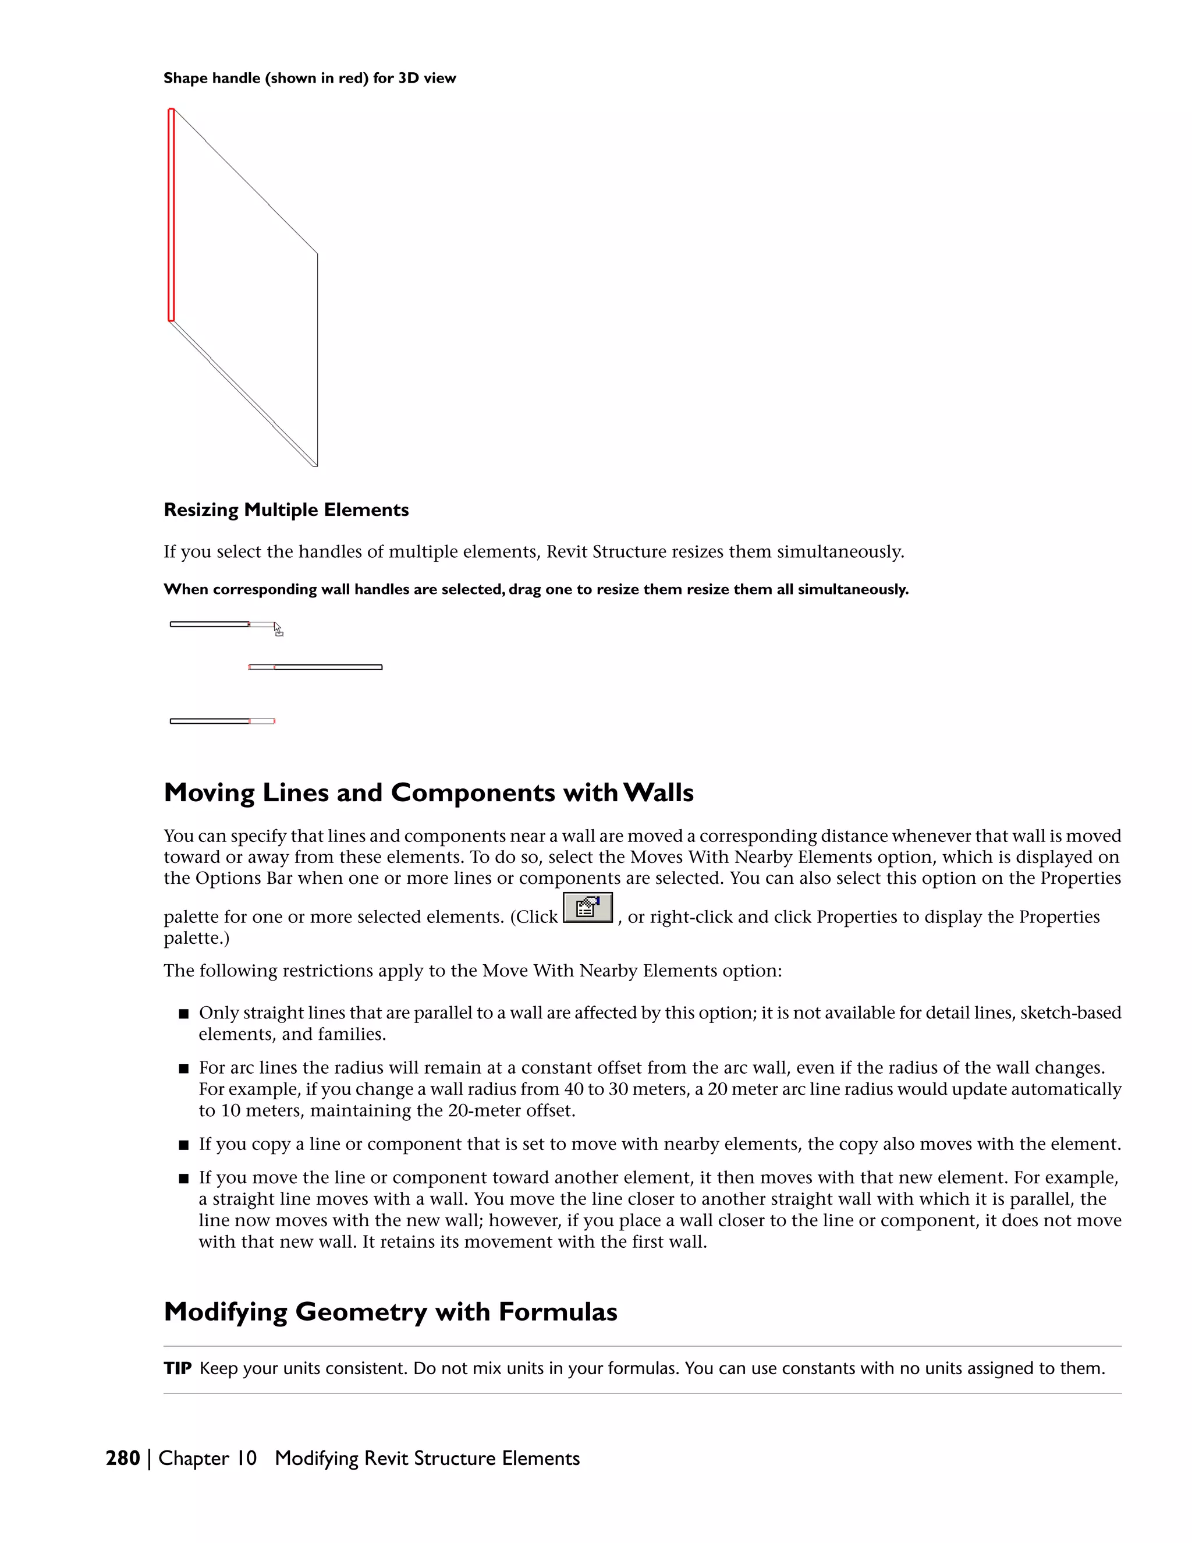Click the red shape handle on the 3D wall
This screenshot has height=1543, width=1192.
[171, 215]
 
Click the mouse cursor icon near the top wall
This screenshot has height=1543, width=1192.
[278, 629]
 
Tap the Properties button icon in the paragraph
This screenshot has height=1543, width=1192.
[587, 908]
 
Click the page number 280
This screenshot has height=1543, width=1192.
[123, 1458]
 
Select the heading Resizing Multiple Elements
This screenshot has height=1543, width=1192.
[286, 510]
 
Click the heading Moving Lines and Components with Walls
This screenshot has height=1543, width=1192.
[428, 792]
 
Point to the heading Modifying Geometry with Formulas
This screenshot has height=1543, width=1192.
[391, 1312]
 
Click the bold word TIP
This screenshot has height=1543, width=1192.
[178, 1368]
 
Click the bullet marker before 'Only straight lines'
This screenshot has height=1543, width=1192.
[183, 1014]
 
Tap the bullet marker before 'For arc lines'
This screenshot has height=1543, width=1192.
[183, 1069]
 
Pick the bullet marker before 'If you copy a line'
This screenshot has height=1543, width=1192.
[183, 1145]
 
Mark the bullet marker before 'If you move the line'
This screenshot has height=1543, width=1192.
[183, 1179]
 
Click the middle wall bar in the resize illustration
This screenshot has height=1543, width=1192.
[328, 667]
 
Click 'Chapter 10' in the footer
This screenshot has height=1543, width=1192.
[208, 1458]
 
